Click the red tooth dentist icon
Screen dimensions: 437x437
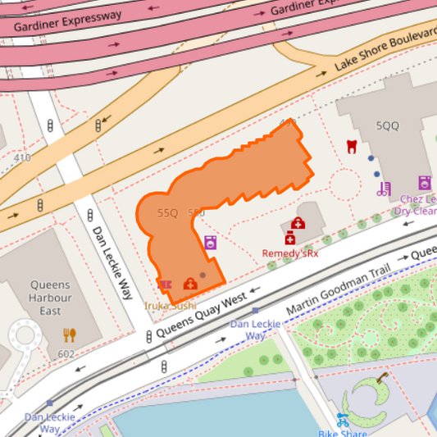352,146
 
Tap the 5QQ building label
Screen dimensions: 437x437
387,126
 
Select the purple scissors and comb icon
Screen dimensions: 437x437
384,189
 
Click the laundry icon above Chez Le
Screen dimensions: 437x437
425,183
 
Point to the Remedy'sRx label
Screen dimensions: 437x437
289,253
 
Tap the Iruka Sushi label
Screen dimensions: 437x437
171,306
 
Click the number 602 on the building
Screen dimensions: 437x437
66,354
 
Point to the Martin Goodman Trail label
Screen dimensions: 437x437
335,287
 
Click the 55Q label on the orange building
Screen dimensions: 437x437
167,213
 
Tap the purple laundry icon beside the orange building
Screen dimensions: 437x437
211,243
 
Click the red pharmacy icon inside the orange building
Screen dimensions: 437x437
190,284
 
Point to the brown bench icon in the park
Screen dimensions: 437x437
382,378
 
